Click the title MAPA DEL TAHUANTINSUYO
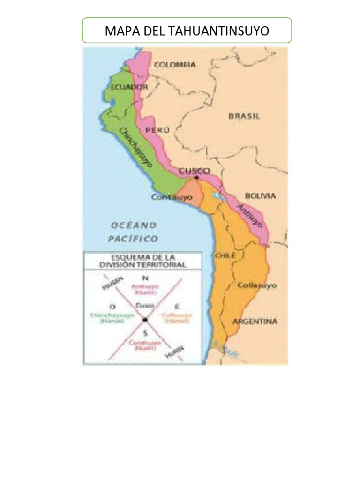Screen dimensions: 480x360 point(187,31)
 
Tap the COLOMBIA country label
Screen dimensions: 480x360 point(174,65)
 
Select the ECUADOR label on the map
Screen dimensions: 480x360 point(130,87)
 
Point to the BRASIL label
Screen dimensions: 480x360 point(244,116)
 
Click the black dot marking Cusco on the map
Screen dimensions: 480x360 point(196,177)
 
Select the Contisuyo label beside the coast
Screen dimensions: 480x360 point(172,198)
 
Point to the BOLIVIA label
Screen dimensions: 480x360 point(260,196)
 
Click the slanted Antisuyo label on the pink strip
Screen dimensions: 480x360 point(249,216)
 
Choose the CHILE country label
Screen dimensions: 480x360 point(225,255)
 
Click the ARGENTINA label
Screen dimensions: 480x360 point(255,322)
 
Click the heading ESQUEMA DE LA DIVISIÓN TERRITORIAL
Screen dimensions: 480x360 point(142,261)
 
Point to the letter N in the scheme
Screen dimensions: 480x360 point(145,278)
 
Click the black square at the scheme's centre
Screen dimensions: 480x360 point(145,320)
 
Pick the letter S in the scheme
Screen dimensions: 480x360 point(145,333)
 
